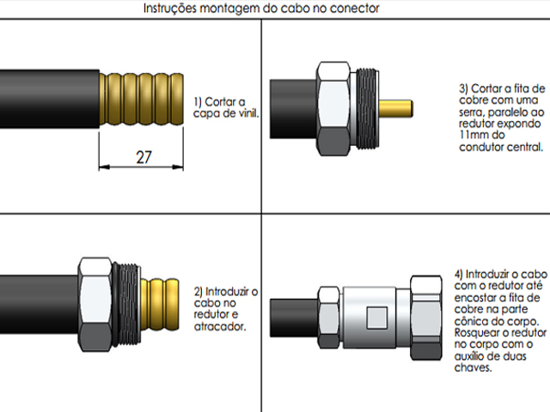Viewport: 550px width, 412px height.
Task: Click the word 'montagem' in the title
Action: (226, 9)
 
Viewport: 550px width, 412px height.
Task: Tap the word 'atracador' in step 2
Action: (223, 327)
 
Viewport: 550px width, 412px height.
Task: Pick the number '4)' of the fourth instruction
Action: (459, 274)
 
